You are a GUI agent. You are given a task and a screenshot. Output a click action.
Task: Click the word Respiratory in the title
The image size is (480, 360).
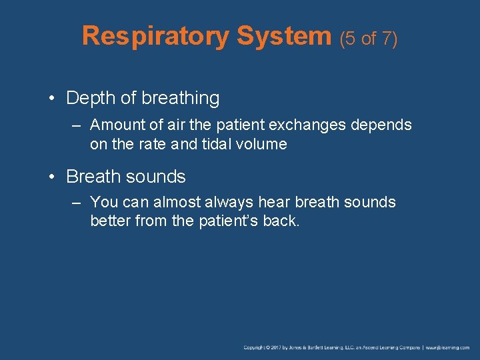pyautogui.click(x=155, y=37)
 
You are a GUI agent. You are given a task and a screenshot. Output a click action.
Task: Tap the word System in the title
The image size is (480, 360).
pyautogui.click(x=285, y=37)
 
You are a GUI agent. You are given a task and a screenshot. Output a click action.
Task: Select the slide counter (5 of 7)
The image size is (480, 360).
pyautogui.click(x=369, y=39)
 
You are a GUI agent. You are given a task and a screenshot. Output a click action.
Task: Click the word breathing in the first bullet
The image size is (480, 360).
pyautogui.click(x=179, y=99)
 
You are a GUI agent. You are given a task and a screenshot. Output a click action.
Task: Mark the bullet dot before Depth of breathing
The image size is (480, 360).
pyautogui.click(x=51, y=99)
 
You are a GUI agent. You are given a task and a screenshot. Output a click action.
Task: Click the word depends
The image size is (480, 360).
pyautogui.click(x=383, y=125)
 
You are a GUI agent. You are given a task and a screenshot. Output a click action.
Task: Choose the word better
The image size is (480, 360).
pyautogui.click(x=110, y=221)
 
